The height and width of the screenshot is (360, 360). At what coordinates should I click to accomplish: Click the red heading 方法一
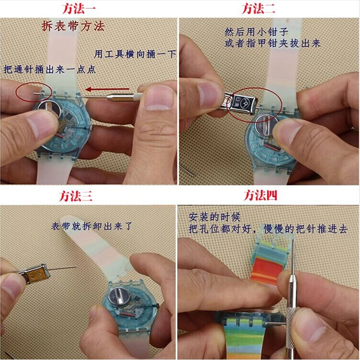coord(82,8)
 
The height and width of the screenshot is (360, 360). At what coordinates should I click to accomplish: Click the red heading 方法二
coord(258,8)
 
